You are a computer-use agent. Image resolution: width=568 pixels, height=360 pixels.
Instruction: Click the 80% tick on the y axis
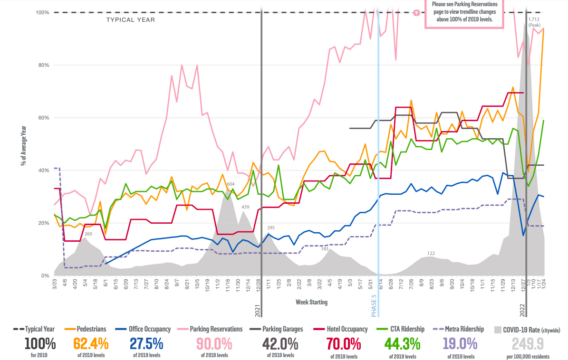point(43,65)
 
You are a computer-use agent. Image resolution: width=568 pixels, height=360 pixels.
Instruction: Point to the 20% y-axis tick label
point(43,223)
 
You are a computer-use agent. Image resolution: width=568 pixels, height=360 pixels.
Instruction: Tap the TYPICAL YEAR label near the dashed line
point(130,20)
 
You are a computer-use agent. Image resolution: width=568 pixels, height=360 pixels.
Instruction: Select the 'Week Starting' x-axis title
point(311,302)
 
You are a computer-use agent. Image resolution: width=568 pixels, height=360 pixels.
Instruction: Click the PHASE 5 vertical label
point(374,305)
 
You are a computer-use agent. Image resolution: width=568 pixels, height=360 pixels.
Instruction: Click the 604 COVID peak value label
point(231,184)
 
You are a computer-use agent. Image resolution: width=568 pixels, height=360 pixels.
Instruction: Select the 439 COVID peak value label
point(245,207)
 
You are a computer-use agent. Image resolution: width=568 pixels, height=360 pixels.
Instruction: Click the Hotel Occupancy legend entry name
point(347,329)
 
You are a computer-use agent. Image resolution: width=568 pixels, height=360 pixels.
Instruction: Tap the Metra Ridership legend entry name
point(464,329)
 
